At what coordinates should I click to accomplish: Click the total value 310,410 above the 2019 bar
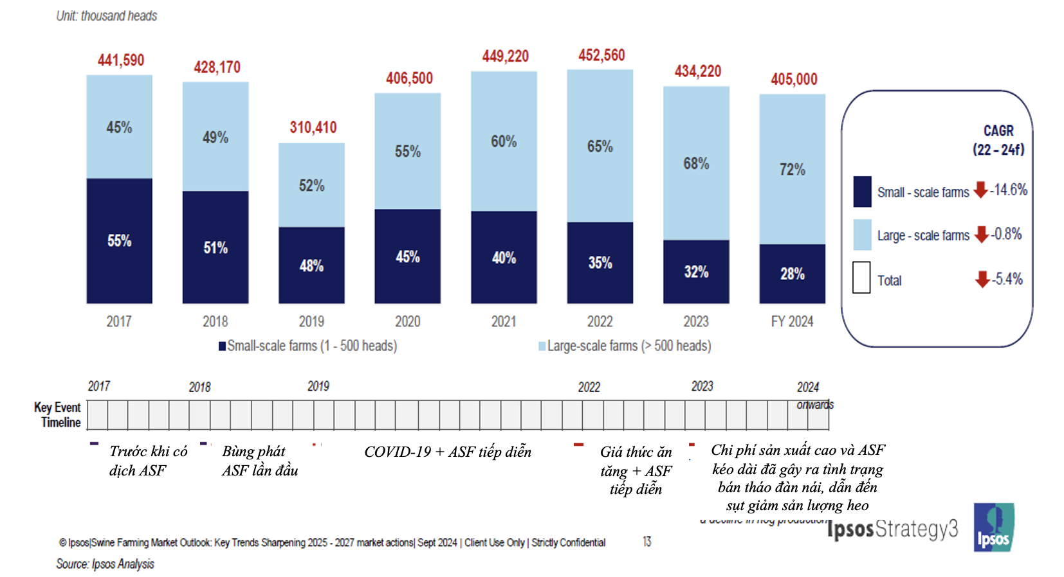(x=313, y=127)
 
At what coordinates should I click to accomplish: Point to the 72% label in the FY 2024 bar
(x=792, y=170)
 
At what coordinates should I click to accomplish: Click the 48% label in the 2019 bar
(x=311, y=266)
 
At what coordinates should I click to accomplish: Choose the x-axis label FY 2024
(x=792, y=321)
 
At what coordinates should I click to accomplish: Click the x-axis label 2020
(x=407, y=321)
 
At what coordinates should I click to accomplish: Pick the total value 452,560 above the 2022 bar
(x=601, y=55)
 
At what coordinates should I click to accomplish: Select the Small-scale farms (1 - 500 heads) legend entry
(x=308, y=346)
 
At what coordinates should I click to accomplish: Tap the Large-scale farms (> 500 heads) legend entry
(x=625, y=346)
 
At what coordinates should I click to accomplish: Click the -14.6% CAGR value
(x=1008, y=190)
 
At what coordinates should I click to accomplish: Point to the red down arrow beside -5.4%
(x=982, y=279)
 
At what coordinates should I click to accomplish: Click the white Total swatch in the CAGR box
(x=861, y=278)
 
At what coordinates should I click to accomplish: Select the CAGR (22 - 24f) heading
(x=998, y=140)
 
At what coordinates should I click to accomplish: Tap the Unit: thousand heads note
(x=107, y=16)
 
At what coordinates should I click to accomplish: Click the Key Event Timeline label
(x=58, y=414)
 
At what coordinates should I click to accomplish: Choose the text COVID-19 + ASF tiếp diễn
(x=448, y=452)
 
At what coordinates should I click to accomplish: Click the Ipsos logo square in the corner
(x=993, y=527)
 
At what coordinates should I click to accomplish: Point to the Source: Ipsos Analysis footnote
(x=105, y=564)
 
